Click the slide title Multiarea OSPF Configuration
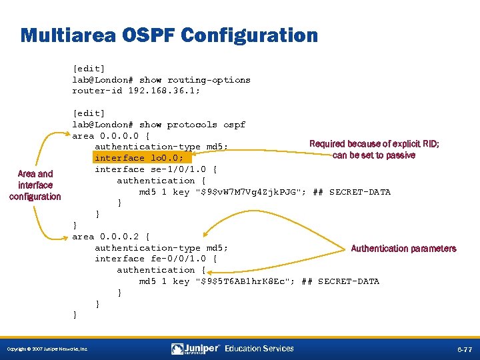point(169,35)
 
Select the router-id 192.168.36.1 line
point(136,91)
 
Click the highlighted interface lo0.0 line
point(143,158)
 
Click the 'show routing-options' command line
point(161,79)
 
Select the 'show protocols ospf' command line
point(159,125)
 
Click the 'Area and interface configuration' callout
point(35,185)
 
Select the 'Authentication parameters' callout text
point(403,249)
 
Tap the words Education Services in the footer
point(259,349)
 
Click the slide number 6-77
point(465,349)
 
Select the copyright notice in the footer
point(47,349)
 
